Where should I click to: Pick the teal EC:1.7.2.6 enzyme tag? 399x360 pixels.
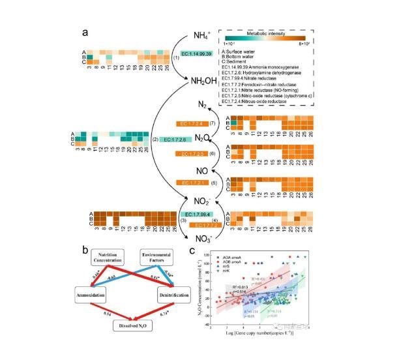[x=176, y=140]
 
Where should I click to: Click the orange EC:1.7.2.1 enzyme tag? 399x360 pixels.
[x=196, y=183]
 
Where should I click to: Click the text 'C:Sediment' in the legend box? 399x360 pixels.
[x=238, y=62]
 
